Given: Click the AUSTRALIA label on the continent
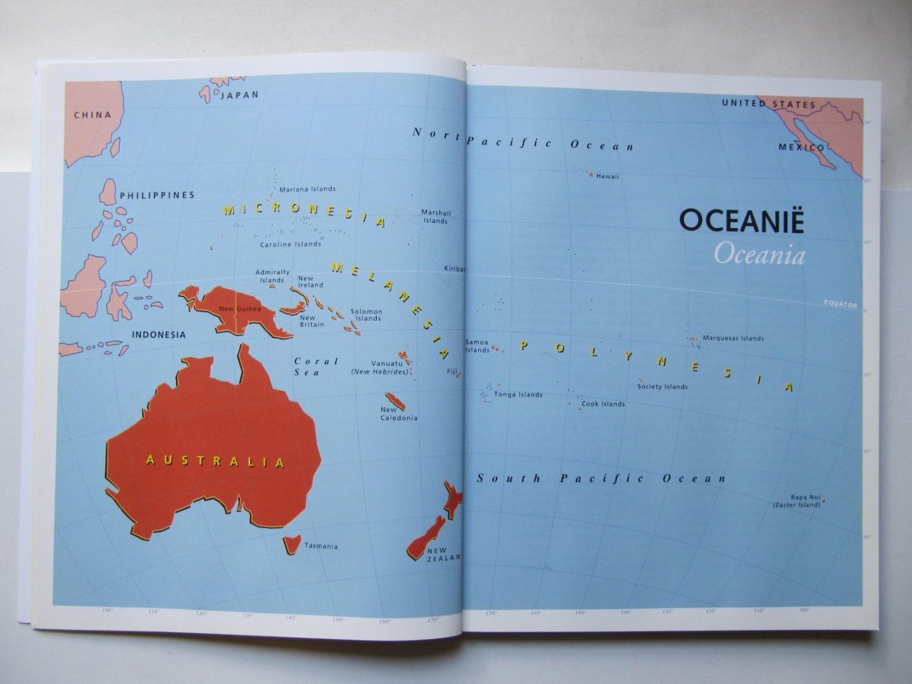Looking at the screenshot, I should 215,461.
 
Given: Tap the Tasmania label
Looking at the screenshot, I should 321,546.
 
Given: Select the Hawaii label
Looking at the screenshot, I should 607,177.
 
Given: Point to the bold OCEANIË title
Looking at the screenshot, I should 742,221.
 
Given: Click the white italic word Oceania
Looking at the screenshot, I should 759,255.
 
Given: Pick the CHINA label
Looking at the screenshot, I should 92,115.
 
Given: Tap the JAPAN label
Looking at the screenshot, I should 239,95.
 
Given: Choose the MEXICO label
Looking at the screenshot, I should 801,148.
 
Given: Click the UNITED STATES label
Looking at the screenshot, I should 769,104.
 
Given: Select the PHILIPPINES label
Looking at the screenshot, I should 157,195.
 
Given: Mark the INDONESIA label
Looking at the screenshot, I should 159,334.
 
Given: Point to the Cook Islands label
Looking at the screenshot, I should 603,404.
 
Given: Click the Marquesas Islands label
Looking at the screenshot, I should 733,338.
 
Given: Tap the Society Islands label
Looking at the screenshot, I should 662,386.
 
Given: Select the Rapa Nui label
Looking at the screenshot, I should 805,497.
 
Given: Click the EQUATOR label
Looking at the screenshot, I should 840,304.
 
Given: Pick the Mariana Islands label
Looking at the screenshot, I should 307,189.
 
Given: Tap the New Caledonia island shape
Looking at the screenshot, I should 395,401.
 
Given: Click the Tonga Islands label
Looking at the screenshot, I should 518,395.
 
